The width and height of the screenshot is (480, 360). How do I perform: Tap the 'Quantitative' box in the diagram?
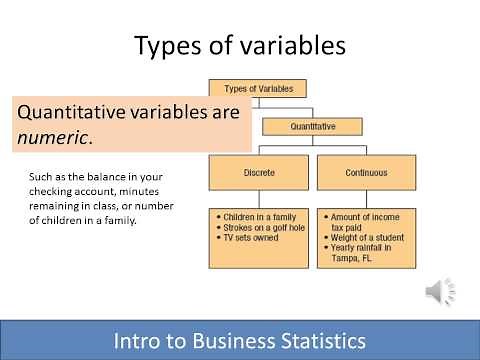tap(313, 127)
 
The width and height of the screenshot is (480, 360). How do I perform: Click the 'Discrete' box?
tap(258, 172)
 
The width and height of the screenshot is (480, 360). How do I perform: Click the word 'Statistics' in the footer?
tap(319, 341)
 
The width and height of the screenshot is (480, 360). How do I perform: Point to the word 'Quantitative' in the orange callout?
tap(78, 112)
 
